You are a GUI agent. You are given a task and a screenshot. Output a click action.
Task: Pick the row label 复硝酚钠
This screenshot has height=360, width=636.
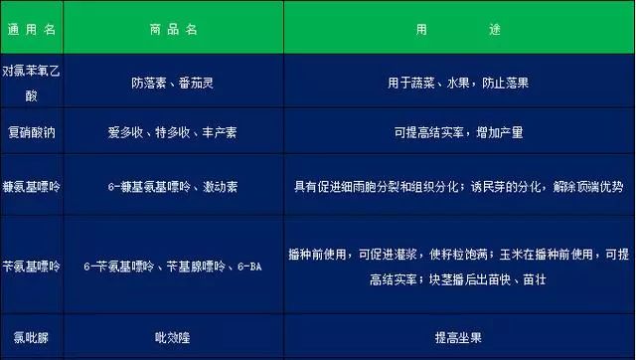coord(32,131)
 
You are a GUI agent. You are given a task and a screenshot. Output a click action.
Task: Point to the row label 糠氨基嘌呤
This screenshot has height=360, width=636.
coord(32,186)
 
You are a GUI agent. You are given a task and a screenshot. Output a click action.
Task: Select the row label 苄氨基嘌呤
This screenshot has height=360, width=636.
coord(32,267)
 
